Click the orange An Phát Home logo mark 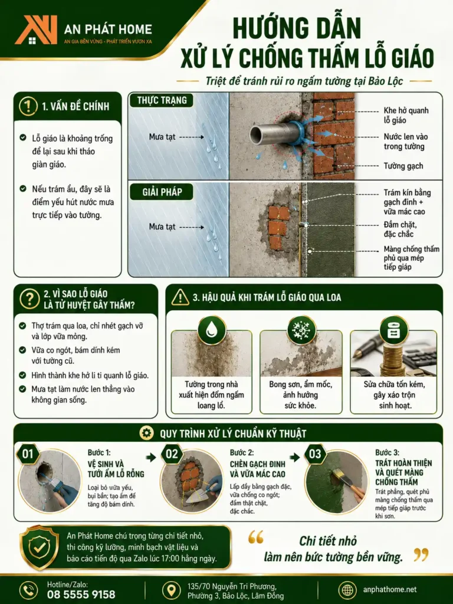tap(36, 29)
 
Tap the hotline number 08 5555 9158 tap(81, 595)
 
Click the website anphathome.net tap(389, 590)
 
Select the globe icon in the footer tap(347, 590)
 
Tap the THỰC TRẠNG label tap(162, 100)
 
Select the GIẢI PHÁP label tap(162, 192)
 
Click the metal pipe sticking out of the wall tap(274, 133)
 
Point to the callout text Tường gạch tap(403, 166)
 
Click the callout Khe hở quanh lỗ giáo tap(406, 115)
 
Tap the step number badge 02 tap(172, 454)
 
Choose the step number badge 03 tap(315, 454)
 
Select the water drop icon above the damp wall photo tap(211, 330)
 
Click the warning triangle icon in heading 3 tap(180, 297)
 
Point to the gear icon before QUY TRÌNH tap(146, 433)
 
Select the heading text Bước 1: tap(99, 452)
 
